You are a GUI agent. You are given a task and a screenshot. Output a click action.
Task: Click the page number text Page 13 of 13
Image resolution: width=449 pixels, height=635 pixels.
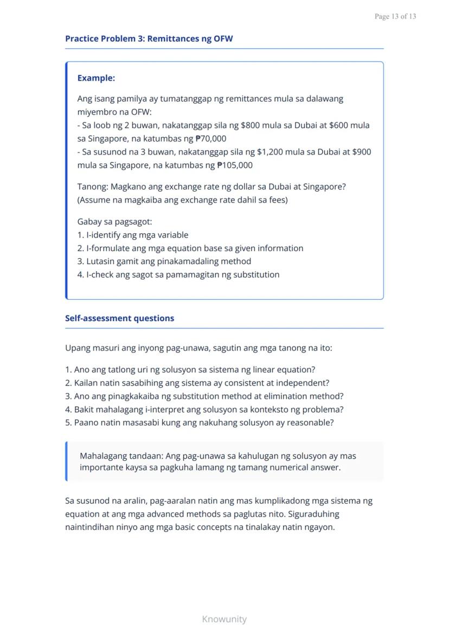click(395, 16)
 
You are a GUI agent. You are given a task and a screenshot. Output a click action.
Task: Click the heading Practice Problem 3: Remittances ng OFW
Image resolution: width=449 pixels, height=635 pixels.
click(149, 39)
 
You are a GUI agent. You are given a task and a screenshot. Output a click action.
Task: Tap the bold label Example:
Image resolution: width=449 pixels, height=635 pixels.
click(96, 78)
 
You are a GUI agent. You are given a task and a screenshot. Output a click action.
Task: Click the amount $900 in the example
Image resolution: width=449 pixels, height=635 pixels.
click(361, 152)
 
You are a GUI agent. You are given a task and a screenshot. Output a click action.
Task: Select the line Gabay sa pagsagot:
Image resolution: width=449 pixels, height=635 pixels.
click(114, 222)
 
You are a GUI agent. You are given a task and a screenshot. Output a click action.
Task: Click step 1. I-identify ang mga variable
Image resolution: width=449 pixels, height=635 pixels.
click(133, 235)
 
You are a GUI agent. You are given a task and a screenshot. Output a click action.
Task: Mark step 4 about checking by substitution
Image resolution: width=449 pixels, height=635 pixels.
click(178, 274)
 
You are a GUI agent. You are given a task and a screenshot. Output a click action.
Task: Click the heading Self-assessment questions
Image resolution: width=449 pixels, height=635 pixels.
click(119, 318)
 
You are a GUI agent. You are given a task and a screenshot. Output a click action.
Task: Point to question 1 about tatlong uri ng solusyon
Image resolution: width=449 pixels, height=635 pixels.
click(190, 370)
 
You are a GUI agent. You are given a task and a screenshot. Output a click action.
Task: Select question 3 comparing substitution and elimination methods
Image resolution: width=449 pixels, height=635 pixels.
click(204, 396)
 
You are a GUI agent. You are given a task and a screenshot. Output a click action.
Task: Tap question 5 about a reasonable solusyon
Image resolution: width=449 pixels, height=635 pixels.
click(199, 422)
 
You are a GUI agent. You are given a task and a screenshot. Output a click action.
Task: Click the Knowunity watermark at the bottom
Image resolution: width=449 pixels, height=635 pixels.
click(224, 619)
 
